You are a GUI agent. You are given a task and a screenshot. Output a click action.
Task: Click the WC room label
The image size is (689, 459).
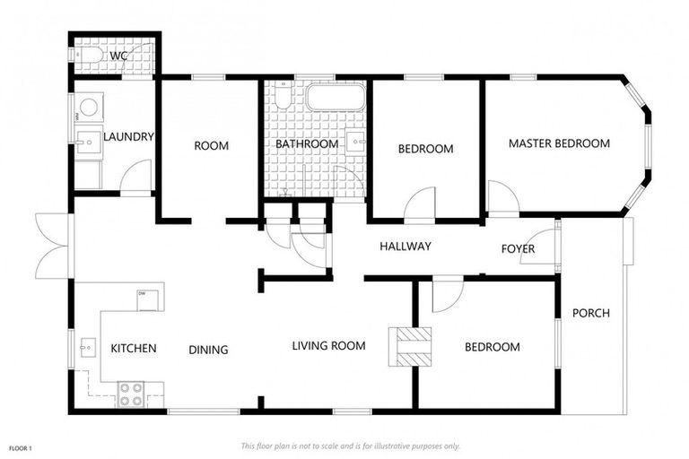coord(118,56)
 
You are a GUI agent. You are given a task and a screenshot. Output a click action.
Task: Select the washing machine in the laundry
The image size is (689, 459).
coord(89,107)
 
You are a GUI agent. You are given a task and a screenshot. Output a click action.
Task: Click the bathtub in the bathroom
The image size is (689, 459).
coord(336,97)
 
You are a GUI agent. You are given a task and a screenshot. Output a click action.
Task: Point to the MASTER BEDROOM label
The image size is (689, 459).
coord(559,143)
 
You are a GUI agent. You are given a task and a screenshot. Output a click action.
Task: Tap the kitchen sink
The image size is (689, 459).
coord(88,348)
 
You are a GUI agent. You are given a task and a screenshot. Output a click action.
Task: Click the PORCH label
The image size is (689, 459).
coord(591,313)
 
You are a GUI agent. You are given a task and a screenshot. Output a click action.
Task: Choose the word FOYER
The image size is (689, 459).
coord(518,249)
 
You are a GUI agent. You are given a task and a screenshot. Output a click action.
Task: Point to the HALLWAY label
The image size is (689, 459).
coord(406,246)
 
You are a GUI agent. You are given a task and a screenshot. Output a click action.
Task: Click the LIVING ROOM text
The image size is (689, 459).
coord(328,346)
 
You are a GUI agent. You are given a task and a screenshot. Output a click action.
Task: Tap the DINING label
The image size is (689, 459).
coord(208,350)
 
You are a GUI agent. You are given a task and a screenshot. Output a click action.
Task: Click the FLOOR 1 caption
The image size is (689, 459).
coord(21,448)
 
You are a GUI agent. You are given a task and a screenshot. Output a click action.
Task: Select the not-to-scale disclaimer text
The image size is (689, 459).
coord(350,446)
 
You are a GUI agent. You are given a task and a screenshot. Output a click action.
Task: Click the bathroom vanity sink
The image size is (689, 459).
coord(356,142)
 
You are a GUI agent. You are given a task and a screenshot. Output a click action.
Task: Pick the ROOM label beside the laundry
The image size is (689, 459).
coord(212,145)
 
